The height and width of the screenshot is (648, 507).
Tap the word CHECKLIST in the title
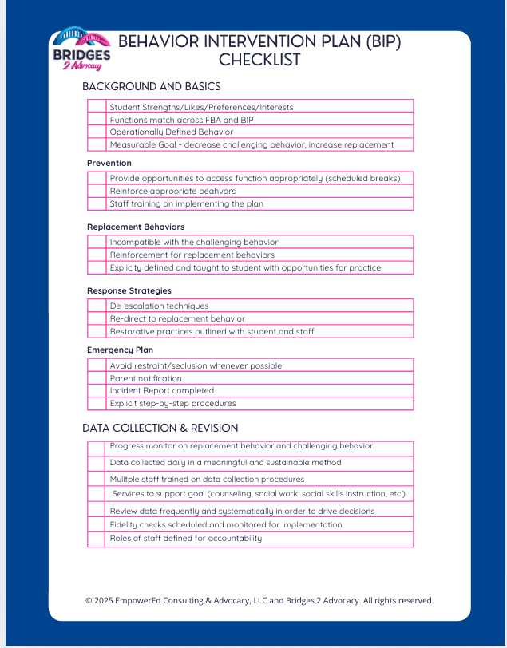(259, 60)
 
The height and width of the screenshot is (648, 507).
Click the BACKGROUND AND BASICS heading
(152, 86)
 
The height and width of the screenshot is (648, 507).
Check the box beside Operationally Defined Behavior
(97, 132)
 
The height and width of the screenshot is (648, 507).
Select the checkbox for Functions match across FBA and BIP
(97, 119)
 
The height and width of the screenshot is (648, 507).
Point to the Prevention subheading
(109, 163)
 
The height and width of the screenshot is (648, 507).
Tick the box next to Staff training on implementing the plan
(97, 203)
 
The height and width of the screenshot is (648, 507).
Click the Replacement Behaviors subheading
(136, 227)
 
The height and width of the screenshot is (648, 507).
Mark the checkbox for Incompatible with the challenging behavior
(97, 242)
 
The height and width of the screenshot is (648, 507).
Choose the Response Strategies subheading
(129, 290)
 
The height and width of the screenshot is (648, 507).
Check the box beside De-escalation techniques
(97, 306)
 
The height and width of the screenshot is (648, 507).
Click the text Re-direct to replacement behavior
(177, 318)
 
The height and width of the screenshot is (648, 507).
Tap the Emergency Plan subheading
(120, 350)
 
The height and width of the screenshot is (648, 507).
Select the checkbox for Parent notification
(97, 378)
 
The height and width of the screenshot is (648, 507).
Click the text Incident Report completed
(162, 391)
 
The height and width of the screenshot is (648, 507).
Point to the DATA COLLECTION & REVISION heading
(160, 428)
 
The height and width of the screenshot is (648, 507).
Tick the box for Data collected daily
(97, 463)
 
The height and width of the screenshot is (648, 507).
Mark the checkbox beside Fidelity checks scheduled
(97, 525)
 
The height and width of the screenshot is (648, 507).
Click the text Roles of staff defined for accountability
(186, 539)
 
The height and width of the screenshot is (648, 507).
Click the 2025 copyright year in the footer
(105, 600)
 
